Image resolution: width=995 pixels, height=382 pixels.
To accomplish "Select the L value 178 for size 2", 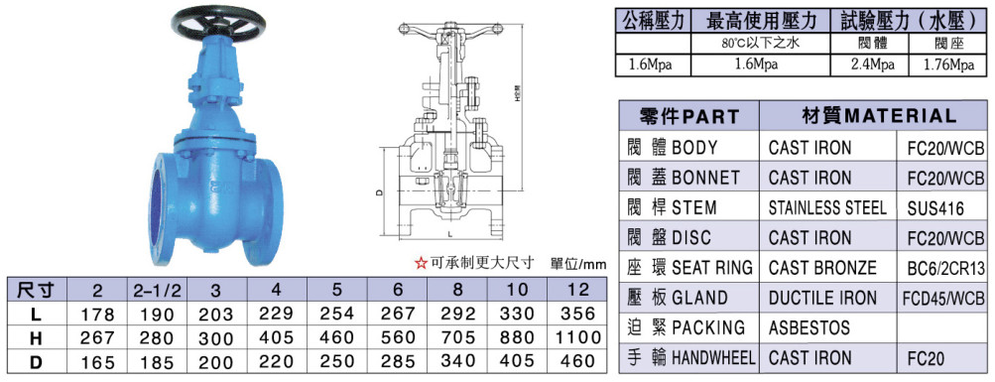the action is tap(97, 315).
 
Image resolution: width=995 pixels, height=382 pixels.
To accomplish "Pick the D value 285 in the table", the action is tap(398, 361).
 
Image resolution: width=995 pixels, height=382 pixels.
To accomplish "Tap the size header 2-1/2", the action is tap(157, 291).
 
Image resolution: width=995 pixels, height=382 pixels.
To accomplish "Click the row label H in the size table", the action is tap(36, 337).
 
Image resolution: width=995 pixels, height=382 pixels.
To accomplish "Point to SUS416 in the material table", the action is tap(936, 209).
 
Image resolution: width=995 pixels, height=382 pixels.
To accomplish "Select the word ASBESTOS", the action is tap(809, 327).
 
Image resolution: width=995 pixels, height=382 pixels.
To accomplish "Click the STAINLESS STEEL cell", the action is tap(827, 207).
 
